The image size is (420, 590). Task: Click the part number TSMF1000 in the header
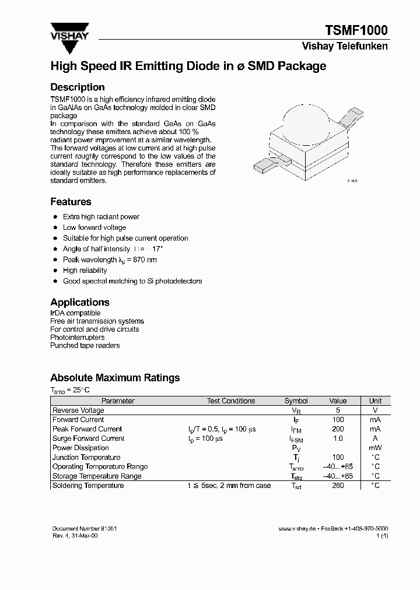[x=356, y=30]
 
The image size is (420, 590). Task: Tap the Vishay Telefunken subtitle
[x=344, y=46]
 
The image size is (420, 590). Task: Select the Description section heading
[x=78, y=87]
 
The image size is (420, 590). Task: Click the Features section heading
[x=71, y=202]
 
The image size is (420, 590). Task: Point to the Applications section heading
[x=80, y=302]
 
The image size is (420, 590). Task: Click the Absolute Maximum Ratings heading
[x=115, y=378]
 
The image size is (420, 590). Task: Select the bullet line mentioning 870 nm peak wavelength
[x=110, y=259]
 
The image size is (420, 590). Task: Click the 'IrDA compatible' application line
[x=75, y=313]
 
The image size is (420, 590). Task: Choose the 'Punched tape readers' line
[x=85, y=345]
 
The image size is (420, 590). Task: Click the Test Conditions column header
[x=231, y=401]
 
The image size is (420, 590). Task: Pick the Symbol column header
[x=296, y=401]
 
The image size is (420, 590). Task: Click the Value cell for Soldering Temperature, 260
[x=338, y=486]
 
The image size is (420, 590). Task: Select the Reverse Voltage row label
[x=78, y=410]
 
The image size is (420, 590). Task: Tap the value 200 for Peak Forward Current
[x=338, y=429]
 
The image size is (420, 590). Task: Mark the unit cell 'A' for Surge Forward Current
[x=375, y=438]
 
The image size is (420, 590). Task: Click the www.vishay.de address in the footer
[x=297, y=528]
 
